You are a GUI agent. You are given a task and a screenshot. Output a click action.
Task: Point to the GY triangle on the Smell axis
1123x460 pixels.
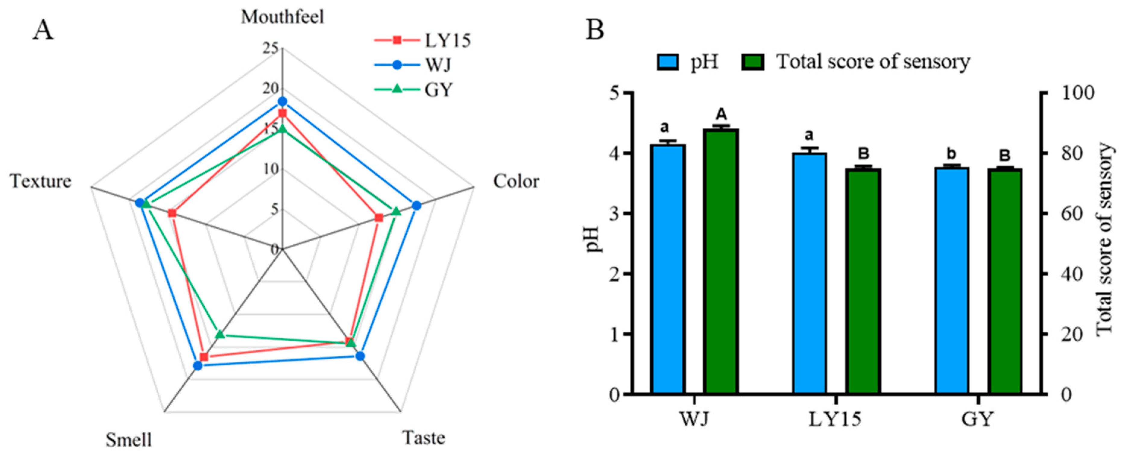coord(220,334)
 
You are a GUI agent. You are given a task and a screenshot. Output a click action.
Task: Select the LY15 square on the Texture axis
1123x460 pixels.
coord(172,213)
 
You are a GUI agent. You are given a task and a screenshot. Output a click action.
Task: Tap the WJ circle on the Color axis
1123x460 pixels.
coord(416,206)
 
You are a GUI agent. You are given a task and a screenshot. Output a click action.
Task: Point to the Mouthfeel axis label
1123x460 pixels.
coord(282,17)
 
